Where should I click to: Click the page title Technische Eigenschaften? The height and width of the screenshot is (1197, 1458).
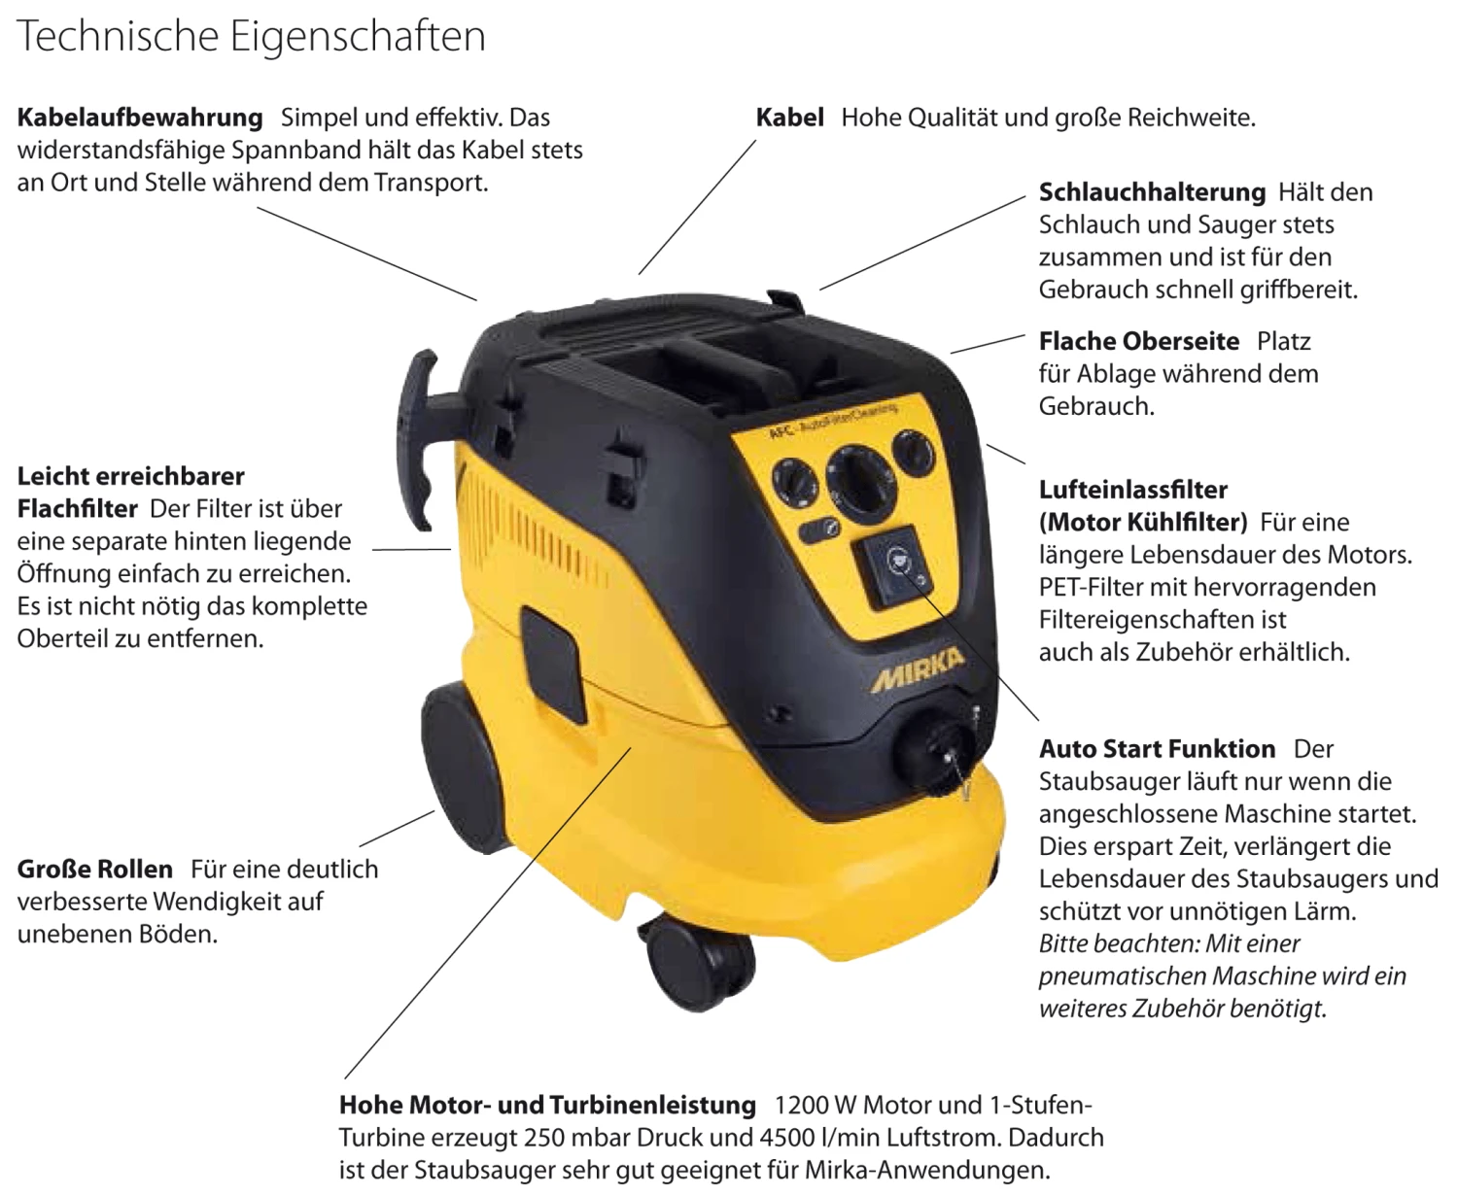tap(250, 37)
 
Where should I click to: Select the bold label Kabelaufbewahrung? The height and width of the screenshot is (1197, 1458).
tap(140, 118)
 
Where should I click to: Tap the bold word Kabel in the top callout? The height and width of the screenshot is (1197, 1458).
tap(789, 118)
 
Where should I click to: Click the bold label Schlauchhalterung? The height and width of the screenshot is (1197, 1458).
tap(1152, 192)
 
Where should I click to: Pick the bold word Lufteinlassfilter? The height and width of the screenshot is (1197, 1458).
tap(1133, 490)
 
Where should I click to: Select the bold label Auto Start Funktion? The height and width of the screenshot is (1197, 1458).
tap(1157, 748)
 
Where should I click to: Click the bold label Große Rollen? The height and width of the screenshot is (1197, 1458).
tap(94, 869)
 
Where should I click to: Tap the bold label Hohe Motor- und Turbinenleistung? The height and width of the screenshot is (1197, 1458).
tap(547, 1105)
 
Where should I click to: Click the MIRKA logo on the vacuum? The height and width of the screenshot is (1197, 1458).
tap(917, 669)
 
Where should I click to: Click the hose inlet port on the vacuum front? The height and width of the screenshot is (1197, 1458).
tap(935, 752)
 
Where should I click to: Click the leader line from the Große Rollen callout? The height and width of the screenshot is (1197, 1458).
tap(397, 828)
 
